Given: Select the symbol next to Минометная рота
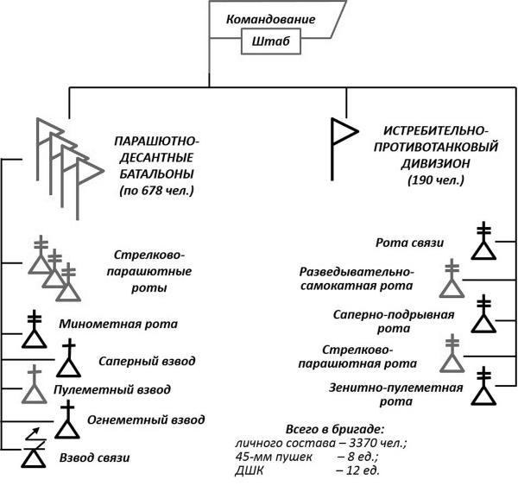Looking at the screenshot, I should (x=34, y=329).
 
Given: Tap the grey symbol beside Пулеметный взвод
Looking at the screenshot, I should (x=34, y=386).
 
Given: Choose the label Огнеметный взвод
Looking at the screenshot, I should (x=145, y=420).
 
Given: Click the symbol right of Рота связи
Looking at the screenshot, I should (x=484, y=243).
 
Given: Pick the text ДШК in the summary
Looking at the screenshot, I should (x=250, y=470).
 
